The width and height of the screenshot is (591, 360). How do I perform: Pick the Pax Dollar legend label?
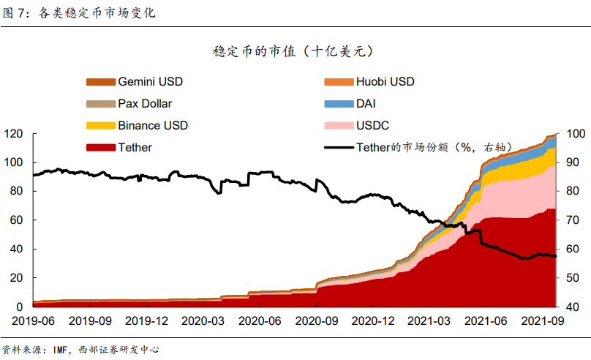pyautogui.click(x=145, y=103)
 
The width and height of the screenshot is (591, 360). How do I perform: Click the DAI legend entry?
pyautogui.click(x=366, y=103)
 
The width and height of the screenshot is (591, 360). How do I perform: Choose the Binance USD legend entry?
pyautogui.click(x=152, y=125)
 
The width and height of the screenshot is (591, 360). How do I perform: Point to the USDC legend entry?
pyautogui.click(x=372, y=125)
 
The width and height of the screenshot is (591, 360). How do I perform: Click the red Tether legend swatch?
pyautogui.click(x=100, y=147)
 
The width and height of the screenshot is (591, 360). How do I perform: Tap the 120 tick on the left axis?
pyautogui.click(x=13, y=134)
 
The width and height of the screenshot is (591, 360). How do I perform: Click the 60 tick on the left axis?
pyautogui.click(x=16, y=220)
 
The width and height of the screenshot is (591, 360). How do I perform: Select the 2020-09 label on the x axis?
pyautogui.click(x=316, y=320)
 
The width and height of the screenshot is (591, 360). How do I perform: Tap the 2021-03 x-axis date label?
pyautogui.click(x=429, y=320)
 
